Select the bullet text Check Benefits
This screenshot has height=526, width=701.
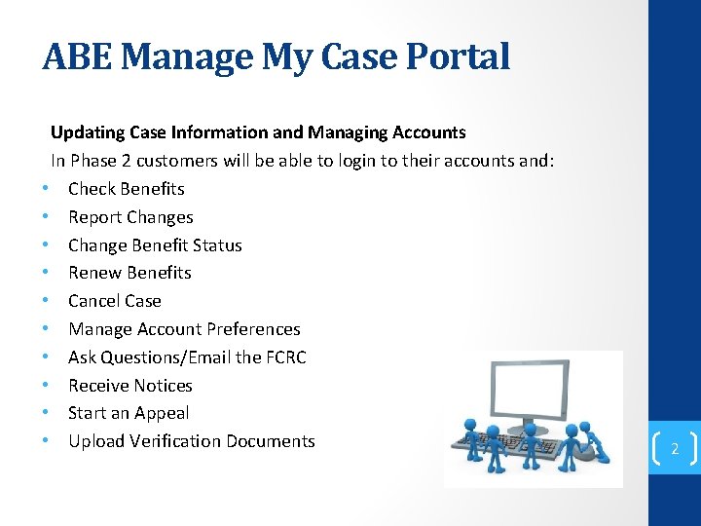click(x=126, y=189)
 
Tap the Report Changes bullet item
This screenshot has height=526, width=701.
click(x=130, y=217)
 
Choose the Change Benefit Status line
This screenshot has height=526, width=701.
click(x=155, y=245)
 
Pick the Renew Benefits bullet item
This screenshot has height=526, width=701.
click(x=129, y=273)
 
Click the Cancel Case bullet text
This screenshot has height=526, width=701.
click(x=114, y=301)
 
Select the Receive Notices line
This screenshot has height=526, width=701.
click(x=130, y=386)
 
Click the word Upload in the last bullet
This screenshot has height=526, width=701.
click(x=96, y=441)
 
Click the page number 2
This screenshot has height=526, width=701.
click(x=674, y=449)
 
